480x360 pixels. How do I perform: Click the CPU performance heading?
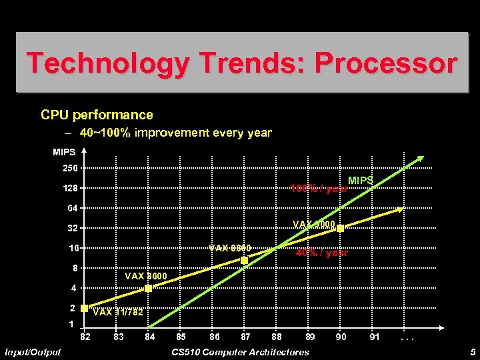pos(97,115)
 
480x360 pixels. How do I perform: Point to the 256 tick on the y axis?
pos(70,168)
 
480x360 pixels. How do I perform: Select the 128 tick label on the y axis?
pos(70,189)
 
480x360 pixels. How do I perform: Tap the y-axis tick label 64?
pos(72,209)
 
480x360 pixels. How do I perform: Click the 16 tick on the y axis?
pos(72,248)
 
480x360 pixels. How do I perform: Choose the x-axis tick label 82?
pos(85,337)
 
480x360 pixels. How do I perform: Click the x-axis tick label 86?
pos(214,337)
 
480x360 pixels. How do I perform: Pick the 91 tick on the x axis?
pos(375,337)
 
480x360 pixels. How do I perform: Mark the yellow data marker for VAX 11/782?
pos(85,309)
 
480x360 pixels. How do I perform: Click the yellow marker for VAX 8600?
pos(149,288)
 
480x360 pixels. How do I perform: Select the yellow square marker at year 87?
pos(245,261)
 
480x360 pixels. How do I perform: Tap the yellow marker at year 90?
pos(340,229)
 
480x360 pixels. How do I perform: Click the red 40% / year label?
pos(322,253)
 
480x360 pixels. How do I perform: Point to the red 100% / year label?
pos(318,189)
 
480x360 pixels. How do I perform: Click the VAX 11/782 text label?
pos(118,312)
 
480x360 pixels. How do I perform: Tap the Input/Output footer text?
pos(32,352)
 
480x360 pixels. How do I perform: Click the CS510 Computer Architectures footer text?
pos(240,352)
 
